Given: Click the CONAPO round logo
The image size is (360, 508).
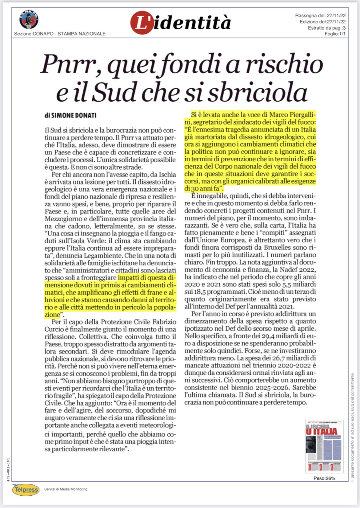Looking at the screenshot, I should [x=29, y=19].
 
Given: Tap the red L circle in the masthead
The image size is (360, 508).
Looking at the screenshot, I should [x=142, y=22].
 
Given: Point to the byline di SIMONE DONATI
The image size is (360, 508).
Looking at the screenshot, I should [x=70, y=115].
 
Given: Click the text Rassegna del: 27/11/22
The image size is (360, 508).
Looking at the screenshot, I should [x=320, y=15].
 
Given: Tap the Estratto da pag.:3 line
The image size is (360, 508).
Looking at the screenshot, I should [x=326, y=28].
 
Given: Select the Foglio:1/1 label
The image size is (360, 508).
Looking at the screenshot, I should [x=335, y=34].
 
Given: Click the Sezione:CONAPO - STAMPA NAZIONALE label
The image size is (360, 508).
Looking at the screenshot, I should [x=60, y=34].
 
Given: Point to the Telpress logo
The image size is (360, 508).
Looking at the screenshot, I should [x=26, y=489].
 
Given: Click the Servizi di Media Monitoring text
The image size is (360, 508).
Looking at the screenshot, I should [x=66, y=489].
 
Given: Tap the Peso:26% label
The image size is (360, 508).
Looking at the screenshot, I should [x=324, y=478].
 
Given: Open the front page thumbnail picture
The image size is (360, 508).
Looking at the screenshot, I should [x=324, y=446].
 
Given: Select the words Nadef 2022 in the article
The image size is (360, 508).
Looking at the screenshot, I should [x=298, y=270].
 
